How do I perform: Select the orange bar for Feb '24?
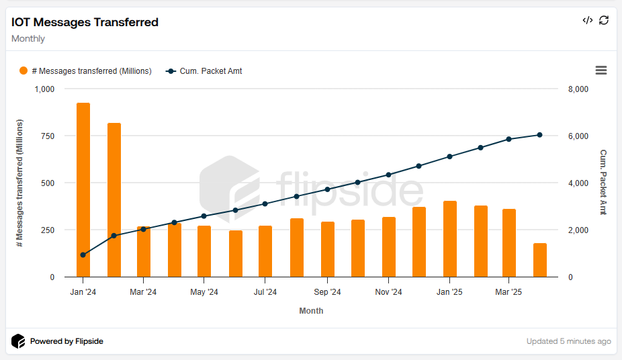coord(114,200)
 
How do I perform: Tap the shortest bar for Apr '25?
coord(540,261)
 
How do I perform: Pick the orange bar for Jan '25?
coord(450,239)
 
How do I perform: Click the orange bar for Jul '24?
coord(265,251)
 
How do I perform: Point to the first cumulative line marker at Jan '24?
coord(83,255)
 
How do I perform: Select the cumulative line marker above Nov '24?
coord(389,175)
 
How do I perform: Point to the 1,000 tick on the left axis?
coord(44,89)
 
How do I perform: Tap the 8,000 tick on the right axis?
coord(578,89)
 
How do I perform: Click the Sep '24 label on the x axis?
coord(327,292)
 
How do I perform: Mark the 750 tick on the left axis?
coord(47,136)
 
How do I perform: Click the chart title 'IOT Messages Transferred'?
coord(85,22)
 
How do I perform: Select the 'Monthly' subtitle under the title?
coord(28,39)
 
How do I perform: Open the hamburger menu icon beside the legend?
coord(601,71)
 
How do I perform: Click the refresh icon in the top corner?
coord(604,20)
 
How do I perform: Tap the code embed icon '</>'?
coord(587,20)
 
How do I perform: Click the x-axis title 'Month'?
coord(311,311)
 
